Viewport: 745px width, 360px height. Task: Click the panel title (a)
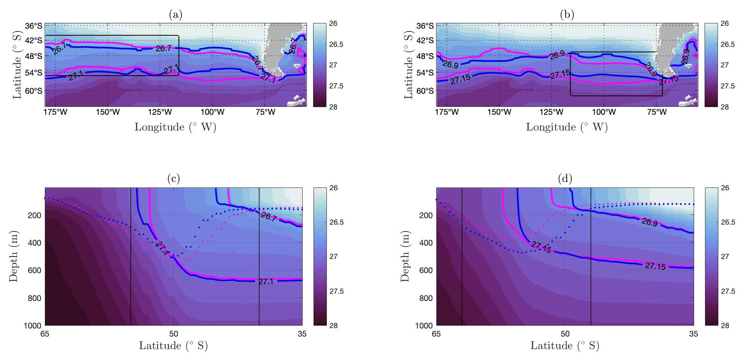coord(175,15)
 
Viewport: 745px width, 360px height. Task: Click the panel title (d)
coord(565,178)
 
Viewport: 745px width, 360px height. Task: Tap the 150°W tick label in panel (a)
coord(107,112)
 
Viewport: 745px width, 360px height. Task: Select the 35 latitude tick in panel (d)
coord(693,334)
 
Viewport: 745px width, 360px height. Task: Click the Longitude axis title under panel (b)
coord(567,127)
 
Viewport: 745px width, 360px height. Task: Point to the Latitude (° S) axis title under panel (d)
coord(565,346)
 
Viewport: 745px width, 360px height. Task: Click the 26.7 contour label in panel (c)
coord(269,217)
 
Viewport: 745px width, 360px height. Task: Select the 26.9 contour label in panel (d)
coord(650,222)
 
